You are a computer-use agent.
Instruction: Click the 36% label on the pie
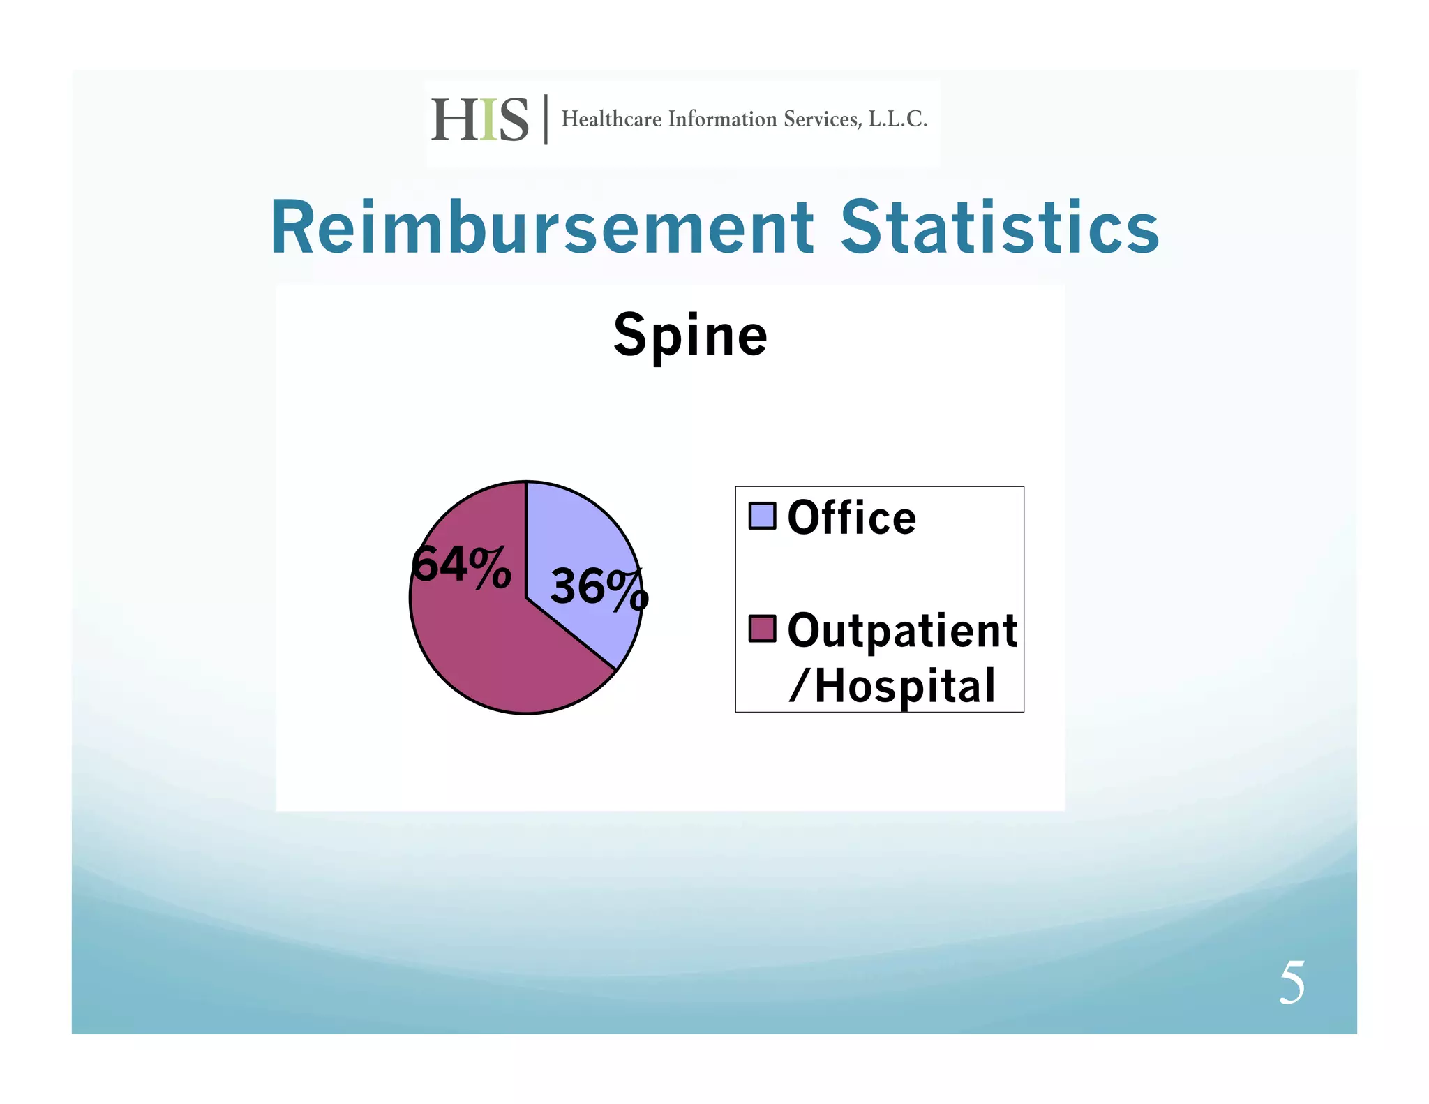pyautogui.click(x=599, y=588)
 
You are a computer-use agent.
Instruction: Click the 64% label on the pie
pyautogui.click(x=461, y=565)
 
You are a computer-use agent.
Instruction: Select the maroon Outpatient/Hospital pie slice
pyautogui.click(x=488, y=649)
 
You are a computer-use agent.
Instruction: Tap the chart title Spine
pyautogui.click(x=690, y=336)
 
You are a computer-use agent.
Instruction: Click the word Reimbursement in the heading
pyautogui.click(x=541, y=228)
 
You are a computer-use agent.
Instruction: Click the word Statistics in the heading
pyautogui.click(x=999, y=228)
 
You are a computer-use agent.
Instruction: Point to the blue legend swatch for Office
pyautogui.click(x=762, y=516)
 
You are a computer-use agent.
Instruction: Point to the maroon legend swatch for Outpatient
pyautogui.click(x=762, y=628)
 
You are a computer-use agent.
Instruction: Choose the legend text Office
pyautogui.click(x=851, y=519)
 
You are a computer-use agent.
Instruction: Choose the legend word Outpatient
pyautogui.click(x=902, y=630)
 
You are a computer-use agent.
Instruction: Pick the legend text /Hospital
pyautogui.click(x=892, y=685)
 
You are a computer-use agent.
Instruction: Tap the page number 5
pyautogui.click(x=1292, y=983)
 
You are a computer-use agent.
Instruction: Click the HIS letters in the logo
pyautogui.click(x=480, y=120)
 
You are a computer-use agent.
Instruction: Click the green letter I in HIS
pyautogui.click(x=488, y=120)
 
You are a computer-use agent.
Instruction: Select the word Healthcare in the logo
pyautogui.click(x=611, y=119)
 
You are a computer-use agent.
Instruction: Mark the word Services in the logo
pyautogui.click(x=822, y=119)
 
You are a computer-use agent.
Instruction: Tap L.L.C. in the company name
pyautogui.click(x=897, y=119)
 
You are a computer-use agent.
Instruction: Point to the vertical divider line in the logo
pyautogui.click(x=546, y=119)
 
